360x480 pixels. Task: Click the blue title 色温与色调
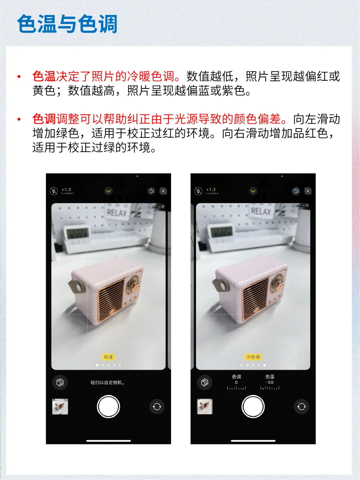pos(67,24)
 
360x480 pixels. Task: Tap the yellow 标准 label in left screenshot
pos(108,357)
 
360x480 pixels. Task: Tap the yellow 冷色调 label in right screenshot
pos(253,357)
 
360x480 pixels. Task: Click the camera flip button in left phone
pos(157,407)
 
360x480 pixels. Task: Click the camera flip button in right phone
pos(301,407)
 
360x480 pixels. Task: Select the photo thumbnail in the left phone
pos(60,407)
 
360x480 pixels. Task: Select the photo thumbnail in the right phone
pos(205,407)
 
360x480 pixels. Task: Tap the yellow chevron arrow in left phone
pos(108,191)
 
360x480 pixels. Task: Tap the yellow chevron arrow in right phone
pos(253,191)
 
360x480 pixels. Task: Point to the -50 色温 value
pos(270,382)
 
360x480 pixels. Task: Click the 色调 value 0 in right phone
pos(236,382)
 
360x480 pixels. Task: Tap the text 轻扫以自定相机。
pos(108,382)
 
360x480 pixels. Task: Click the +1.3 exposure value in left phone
pos(66,189)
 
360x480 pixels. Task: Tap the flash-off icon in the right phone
pos(198,191)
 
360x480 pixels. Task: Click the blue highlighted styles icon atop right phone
pos(296,191)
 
